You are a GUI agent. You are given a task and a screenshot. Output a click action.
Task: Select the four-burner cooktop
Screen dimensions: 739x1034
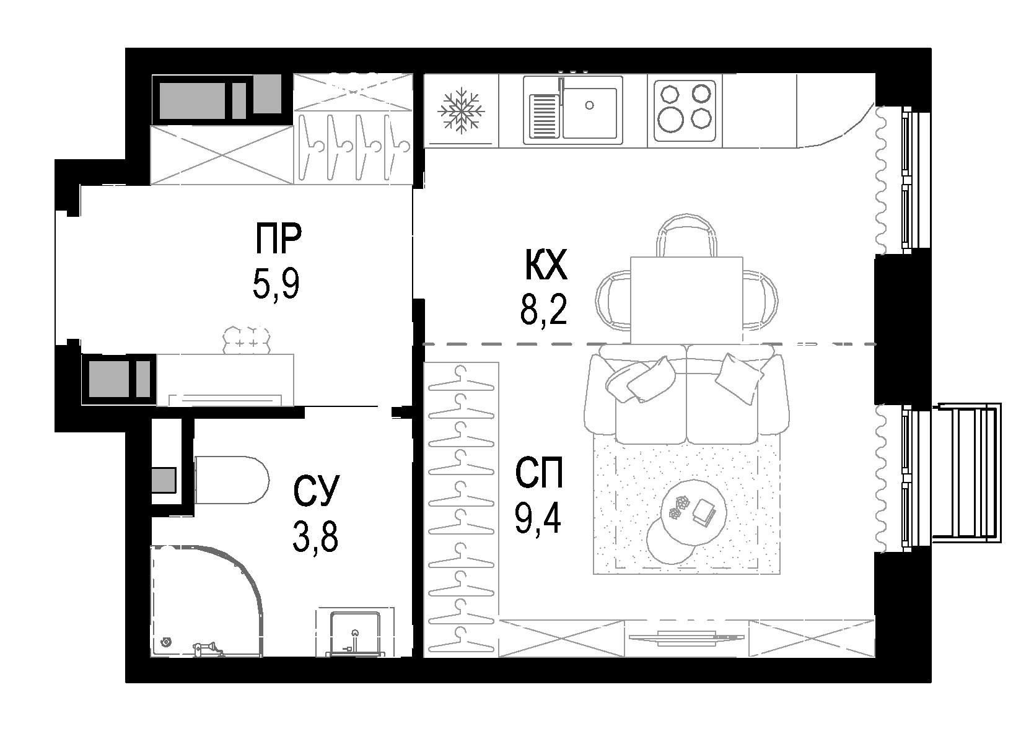click(x=684, y=111)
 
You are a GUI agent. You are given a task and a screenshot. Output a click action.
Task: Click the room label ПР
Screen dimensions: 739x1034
click(x=278, y=239)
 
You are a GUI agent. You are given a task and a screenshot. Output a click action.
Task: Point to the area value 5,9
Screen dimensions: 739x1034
click(x=276, y=284)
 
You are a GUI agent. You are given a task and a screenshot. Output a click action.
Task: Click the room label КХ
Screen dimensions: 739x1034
click(x=545, y=266)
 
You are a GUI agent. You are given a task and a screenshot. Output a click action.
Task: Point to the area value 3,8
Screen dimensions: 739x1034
click(x=315, y=536)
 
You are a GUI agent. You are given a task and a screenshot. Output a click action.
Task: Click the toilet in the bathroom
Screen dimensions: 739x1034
click(x=230, y=481)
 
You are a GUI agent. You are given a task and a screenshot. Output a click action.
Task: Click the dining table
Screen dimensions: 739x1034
click(x=686, y=300)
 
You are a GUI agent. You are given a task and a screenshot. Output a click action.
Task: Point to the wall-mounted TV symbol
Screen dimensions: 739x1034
click(x=685, y=636)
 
